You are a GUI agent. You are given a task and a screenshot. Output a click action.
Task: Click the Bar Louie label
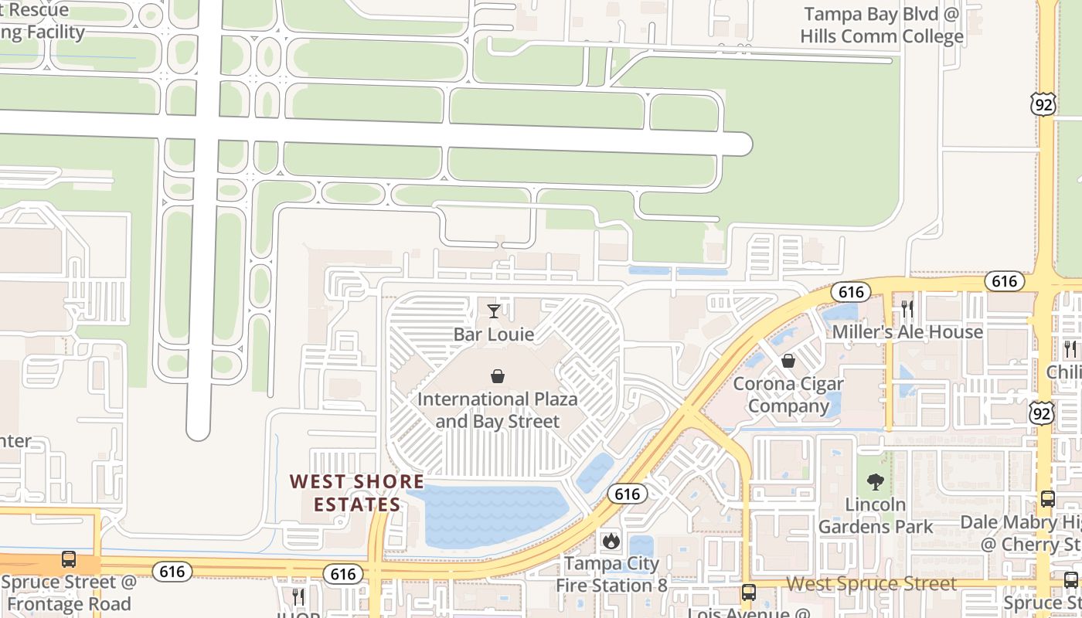point(494,334)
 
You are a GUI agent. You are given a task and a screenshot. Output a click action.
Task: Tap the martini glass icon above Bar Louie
point(494,311)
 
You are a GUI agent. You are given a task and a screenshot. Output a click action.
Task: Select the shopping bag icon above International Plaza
point(498,376)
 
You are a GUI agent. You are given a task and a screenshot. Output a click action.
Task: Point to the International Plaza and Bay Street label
point(498,410)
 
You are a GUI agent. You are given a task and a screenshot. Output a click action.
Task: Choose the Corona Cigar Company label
point(788,394)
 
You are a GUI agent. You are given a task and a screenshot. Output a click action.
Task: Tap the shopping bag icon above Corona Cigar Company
point(788,360)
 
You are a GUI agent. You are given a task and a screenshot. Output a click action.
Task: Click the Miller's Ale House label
point(907,332)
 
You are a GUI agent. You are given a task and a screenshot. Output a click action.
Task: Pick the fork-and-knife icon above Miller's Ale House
point(907,308)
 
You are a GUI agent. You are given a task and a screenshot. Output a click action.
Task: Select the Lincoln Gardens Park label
point(876,515)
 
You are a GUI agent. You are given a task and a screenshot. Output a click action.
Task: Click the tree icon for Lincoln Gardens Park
point(876,482)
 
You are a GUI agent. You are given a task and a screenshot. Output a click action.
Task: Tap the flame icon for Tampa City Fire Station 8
point(611,540)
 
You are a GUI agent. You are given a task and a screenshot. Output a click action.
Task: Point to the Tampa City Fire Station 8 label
point(611,573)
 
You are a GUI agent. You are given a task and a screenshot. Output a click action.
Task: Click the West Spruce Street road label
point(872,583)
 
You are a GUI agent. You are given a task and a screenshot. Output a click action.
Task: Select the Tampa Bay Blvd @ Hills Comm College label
point(882,25)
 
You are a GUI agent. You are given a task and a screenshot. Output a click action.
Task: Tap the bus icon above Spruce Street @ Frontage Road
point(69,559)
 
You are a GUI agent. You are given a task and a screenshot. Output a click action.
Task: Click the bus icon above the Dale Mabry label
point(1048,498)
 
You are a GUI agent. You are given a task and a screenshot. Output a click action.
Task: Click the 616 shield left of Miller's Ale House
point(851,291)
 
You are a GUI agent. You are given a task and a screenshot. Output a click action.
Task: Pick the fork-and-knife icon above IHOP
point(298,596)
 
